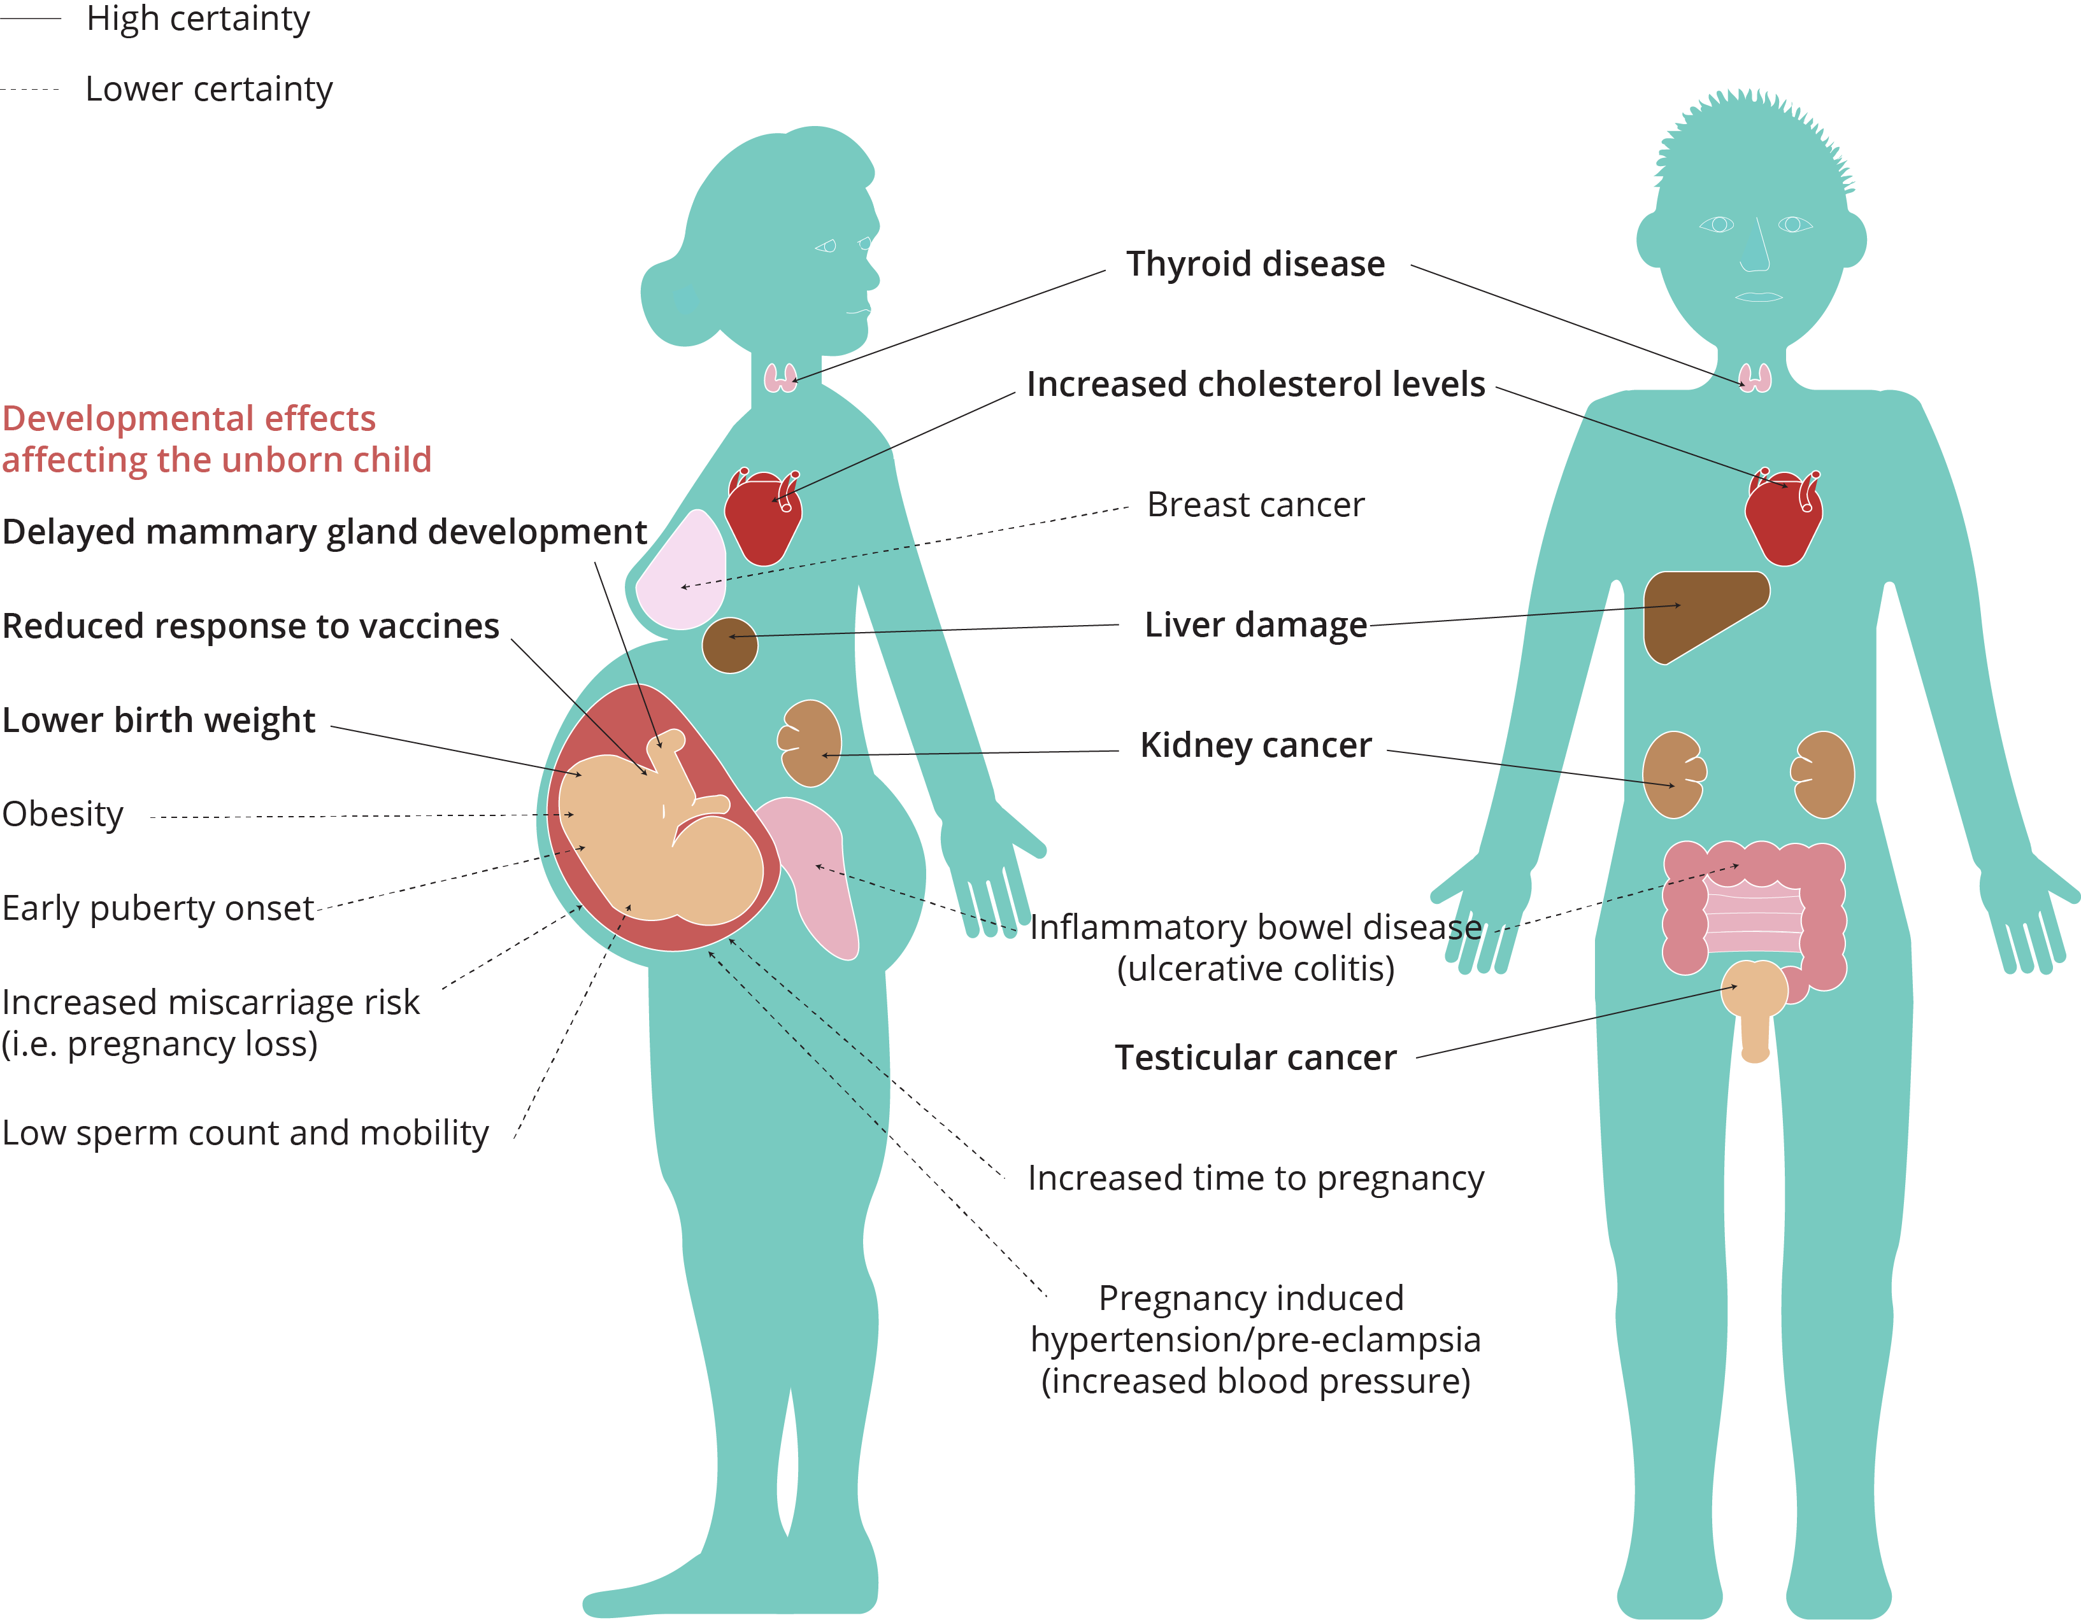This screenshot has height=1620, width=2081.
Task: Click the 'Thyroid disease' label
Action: [x=1255, y=264]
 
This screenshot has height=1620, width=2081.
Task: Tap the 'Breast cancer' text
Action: [x=1255, y=505]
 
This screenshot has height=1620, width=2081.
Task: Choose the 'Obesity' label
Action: [x=63, y=814]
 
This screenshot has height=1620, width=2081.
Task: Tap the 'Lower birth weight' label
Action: [x=158, y=720]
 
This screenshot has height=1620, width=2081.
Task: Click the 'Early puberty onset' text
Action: [x=158, y=908]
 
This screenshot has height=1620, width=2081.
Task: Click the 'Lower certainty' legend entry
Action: [x=209, y=88]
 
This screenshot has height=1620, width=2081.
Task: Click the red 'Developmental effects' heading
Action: [x=189, y=419]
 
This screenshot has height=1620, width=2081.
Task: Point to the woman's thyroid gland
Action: [x=780, y=378]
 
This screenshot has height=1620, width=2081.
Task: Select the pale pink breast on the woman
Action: [x=682, y=572]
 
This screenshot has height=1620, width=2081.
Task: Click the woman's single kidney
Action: [x=810, y=743]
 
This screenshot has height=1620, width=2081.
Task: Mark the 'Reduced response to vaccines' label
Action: [x=250, y=626]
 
